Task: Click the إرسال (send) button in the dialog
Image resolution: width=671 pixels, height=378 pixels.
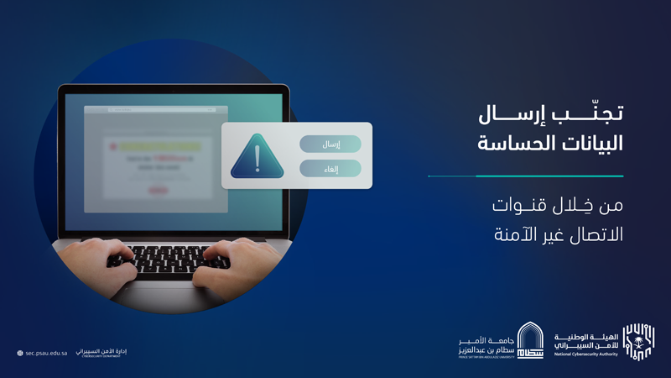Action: (x=330, y=144)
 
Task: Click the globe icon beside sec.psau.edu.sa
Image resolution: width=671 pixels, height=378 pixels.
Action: (x=19, y=353)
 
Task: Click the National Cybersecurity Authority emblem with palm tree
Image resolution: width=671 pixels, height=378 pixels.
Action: (x=639, y=340)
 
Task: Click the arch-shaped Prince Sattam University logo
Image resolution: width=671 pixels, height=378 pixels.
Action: (x=529, y=340)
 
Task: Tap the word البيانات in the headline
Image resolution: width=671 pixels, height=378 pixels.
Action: (x=585, y=143)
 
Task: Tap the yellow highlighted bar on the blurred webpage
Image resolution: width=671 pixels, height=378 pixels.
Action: (x=160, y=145)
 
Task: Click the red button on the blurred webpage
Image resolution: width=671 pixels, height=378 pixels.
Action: (x=157, y=190)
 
